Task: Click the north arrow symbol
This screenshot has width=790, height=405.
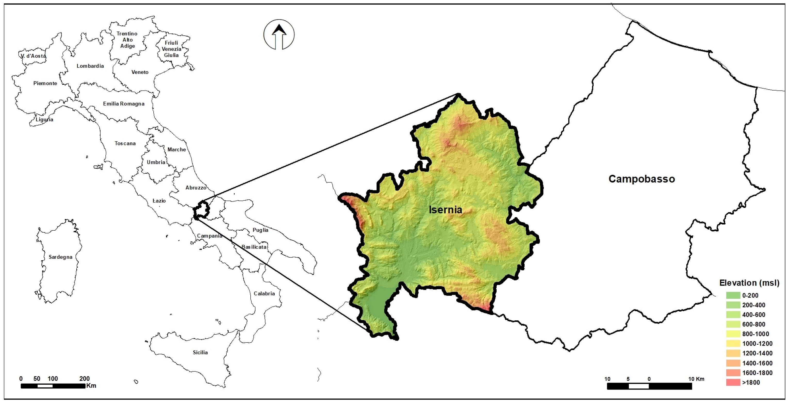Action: (279, 34)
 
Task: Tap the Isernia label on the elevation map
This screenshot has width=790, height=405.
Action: (445, 210)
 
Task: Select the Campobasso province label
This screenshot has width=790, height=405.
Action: (641, 179)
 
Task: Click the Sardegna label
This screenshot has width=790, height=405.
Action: (60, 257)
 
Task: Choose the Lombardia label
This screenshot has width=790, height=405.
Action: (90, 66)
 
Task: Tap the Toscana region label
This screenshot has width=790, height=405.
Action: (125, 143)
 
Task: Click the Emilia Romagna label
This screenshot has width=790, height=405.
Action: (124, 104)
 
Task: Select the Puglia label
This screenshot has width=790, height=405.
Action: (260, 230)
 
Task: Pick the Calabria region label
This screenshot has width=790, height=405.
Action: (264, 294)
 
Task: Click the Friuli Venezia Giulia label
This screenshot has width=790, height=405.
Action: (171, 49)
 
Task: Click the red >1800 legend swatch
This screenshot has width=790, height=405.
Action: (733, 383)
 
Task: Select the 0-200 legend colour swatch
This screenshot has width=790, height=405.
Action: (733, 295)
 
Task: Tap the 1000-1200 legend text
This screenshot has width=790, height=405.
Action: (757, 344)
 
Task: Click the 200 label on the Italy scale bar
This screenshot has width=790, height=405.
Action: (84, 379)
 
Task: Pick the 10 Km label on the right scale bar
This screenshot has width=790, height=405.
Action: (696, 379)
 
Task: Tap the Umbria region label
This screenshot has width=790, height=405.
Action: (156, 162)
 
